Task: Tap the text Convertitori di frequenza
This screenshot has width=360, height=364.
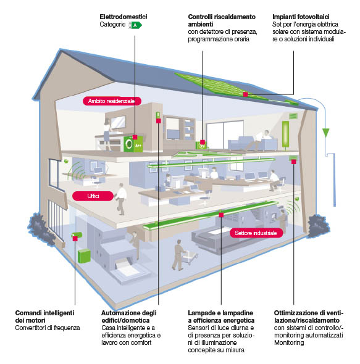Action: [x=48, y=328]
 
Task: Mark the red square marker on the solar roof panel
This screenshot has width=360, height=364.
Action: [x=245, y=94]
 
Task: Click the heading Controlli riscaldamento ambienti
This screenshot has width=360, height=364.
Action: [x=220, y=20]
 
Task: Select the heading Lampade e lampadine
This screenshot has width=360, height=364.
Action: [x=221, y=317]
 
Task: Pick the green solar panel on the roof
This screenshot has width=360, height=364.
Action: [x=235, y=86]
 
